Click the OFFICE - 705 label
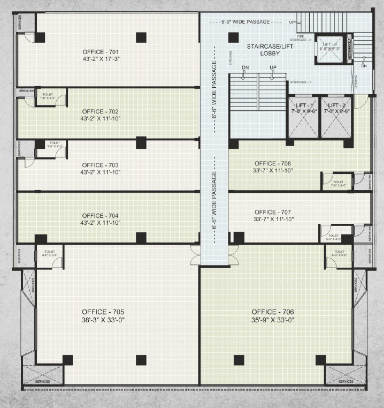click(x=104, y=312)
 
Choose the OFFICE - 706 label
click(x=273, y=312)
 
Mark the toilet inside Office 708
click(x=337, y=182)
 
